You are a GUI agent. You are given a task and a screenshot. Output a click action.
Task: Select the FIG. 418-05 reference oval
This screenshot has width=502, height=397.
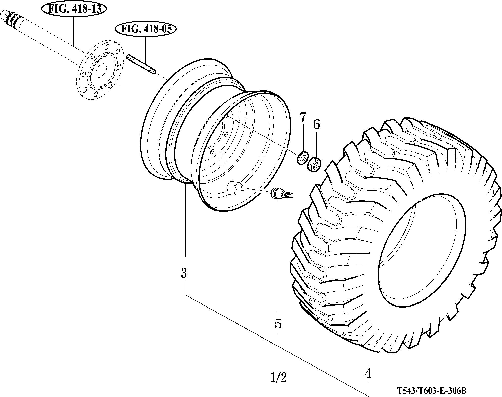[146, 29]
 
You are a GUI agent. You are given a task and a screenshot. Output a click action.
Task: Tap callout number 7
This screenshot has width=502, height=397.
[303, 118]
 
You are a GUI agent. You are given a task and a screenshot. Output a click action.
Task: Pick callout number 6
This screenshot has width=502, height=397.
[316, 125]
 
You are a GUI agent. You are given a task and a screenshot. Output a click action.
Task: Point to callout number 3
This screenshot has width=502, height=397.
[184, 273]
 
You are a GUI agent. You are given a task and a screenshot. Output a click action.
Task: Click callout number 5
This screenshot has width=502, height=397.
[278, 324]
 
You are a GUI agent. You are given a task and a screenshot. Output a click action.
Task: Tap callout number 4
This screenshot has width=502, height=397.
[368, 374]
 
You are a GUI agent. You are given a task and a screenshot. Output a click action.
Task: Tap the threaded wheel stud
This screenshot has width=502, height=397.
[142, 65]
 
